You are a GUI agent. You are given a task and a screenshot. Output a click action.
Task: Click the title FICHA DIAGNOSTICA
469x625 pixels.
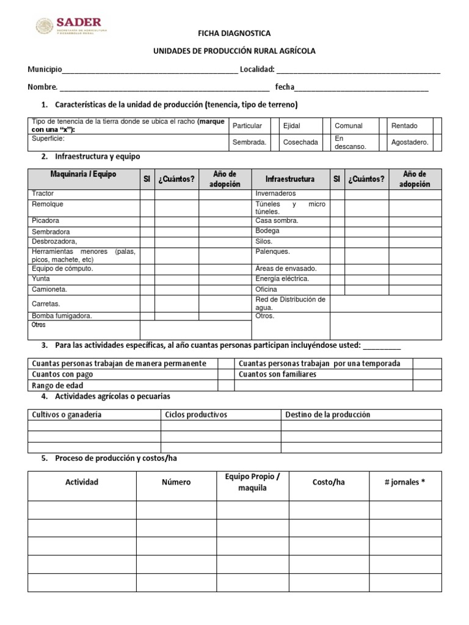point(234,34)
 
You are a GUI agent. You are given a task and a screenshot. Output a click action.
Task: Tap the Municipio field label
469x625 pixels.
point(45,69)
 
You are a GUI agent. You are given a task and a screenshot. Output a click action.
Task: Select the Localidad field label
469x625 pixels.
point(257,69)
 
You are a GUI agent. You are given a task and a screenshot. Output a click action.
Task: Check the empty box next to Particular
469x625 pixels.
point(271,126)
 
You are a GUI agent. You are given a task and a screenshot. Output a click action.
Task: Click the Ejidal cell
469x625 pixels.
point(299,126)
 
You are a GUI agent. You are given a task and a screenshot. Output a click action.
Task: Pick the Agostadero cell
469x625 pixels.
point(410,142)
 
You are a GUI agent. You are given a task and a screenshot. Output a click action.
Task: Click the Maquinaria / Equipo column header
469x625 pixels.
point(83,175)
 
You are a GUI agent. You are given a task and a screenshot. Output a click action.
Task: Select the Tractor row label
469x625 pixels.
point(43,193)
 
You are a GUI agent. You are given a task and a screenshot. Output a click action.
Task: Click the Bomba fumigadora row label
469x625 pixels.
point(62,316)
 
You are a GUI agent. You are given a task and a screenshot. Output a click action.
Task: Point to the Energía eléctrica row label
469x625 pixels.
point(282,278)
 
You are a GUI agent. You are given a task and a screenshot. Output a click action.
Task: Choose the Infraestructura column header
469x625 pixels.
point(290,179)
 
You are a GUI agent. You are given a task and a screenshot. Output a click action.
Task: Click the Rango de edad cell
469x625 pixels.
point(57,385)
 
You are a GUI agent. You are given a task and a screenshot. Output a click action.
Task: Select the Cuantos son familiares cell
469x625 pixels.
point(278,374)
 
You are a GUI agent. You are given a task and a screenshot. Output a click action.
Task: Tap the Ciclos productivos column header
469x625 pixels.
point(196,414)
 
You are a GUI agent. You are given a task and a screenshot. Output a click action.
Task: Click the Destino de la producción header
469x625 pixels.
point(328,414)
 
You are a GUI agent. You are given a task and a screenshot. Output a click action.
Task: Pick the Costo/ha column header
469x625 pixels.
point(329,482)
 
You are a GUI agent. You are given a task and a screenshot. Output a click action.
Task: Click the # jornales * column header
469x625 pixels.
point(404,482)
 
